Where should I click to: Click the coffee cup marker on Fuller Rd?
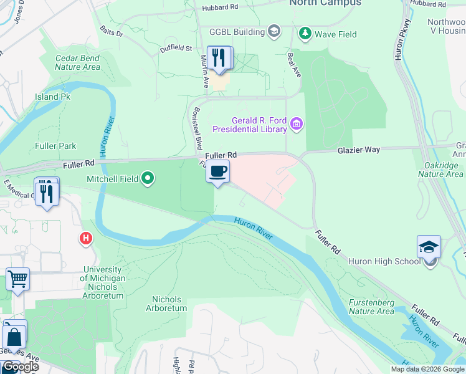[x=217, y=172]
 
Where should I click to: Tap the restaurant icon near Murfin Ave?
[x=219, y=59]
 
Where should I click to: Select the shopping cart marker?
[x=18, y=280]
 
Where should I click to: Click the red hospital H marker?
[x=85, y=238]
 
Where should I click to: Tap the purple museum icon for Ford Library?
[x=297, y=125]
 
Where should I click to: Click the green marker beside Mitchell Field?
[x=148, y=180]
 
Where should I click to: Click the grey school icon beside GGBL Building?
[x=273, y=31]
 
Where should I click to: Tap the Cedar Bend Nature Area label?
[x=78, y=62]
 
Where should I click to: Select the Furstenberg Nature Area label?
[x=371, y=307]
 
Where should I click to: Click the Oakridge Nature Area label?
[x=440, y=170]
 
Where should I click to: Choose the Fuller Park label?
[x=56, y=146]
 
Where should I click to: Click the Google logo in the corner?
[x=20, y=367]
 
